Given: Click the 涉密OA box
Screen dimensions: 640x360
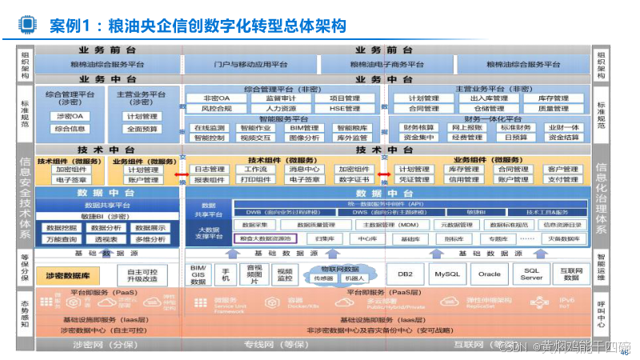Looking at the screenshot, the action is point(71,116).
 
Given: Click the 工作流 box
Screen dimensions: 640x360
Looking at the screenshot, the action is point(256,169).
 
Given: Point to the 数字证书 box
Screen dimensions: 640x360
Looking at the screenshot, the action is point(353,179).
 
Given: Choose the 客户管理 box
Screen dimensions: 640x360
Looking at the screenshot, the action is point(563,169).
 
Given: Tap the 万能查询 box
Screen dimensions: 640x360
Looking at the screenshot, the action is point(62,238).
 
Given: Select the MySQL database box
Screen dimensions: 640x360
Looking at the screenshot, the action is point(446,274).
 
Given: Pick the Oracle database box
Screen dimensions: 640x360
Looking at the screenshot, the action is point(490,274).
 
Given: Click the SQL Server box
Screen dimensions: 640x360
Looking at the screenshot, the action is point(532,274).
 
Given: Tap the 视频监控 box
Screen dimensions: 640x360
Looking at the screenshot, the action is point(285,274).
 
